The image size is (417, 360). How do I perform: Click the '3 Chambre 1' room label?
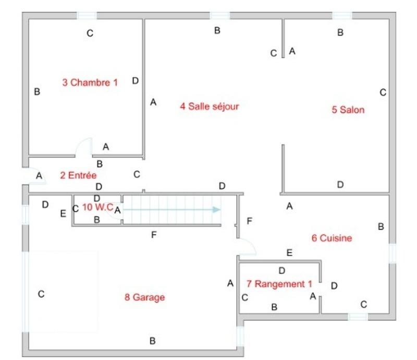point(90,82)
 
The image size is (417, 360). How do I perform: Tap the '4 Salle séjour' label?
point(209,106)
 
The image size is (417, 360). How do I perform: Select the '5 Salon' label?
point(348,110)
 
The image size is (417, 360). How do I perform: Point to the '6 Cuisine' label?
point(332,238)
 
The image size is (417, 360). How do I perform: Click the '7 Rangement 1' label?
point(279,284)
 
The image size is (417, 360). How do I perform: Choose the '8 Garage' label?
point(144,297)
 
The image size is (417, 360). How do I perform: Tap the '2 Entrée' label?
point(78,175)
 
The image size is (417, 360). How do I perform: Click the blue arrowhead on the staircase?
point(217,209)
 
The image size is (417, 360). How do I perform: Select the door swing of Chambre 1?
point(83,147)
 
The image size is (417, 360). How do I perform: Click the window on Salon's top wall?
point(341,16)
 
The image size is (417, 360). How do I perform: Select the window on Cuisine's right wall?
point(392,253)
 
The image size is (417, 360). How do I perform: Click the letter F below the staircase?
point(153,235)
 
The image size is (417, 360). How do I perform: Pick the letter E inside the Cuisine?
point(289,253)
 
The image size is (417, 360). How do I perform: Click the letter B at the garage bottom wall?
point(152,341)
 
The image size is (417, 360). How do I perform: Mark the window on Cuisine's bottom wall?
point(358,316)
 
